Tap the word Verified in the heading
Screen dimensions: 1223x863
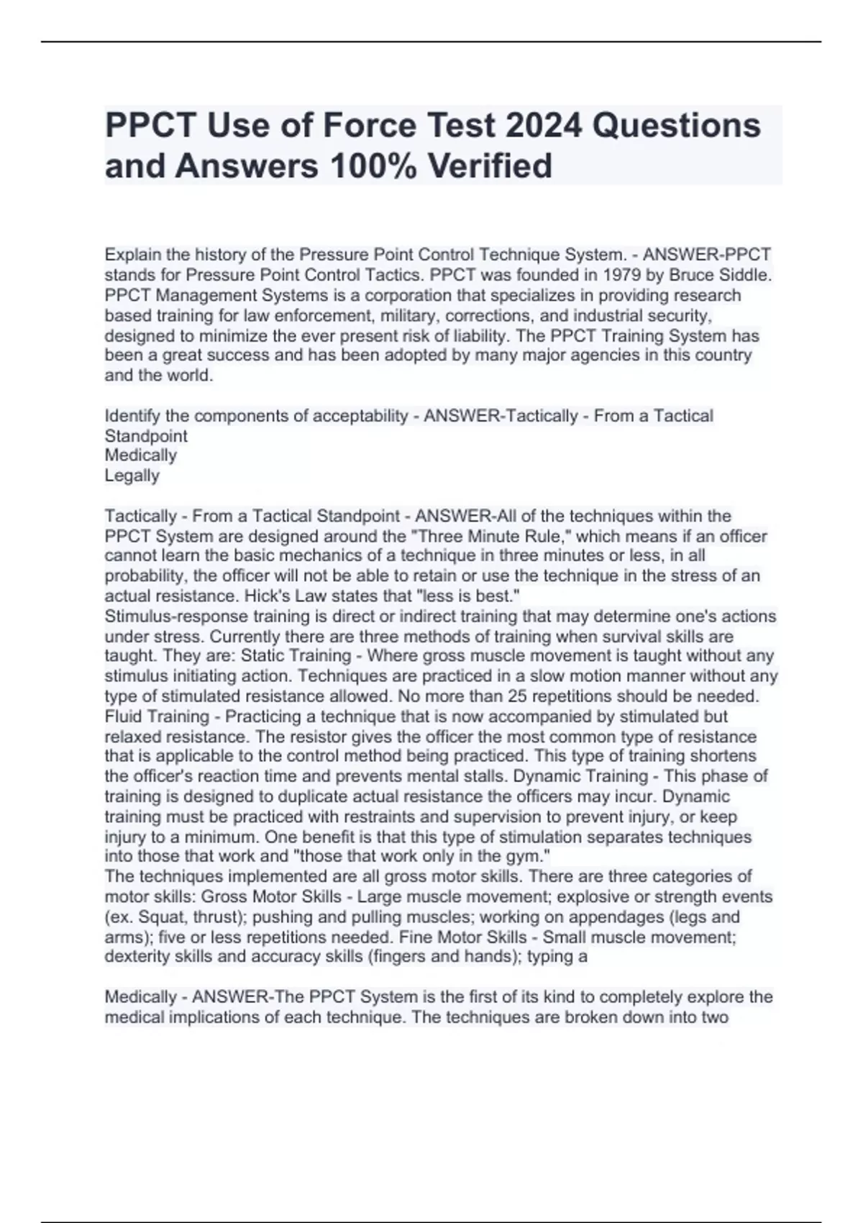490,165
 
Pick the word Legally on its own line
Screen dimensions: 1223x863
132,476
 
